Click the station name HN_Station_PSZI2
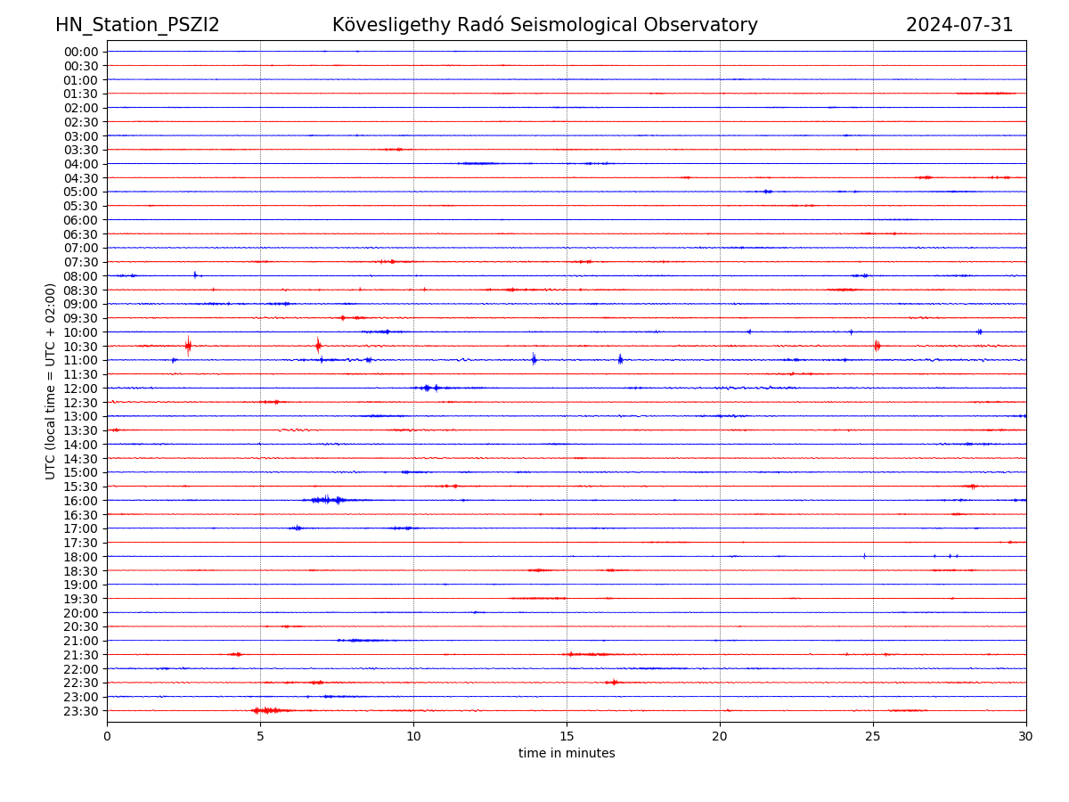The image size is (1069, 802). pos(137,25)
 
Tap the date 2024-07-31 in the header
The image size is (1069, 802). pos(959,25)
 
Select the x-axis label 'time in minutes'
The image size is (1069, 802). pos(567,754)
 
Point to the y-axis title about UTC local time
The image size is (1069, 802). pos(51,381)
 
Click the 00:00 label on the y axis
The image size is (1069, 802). pos(81,52)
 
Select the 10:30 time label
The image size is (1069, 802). pos(81,347)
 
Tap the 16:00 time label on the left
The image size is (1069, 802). pos(81,501)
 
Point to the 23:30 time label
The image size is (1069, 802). pos(81,711)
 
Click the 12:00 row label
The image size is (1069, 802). pos(81,389)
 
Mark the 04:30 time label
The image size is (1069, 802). pos(81,178)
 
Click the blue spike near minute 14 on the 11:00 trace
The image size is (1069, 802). pos(534,359)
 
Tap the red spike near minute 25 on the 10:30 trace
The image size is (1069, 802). pos(877,346)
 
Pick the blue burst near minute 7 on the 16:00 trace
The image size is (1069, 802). pos(326,500)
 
